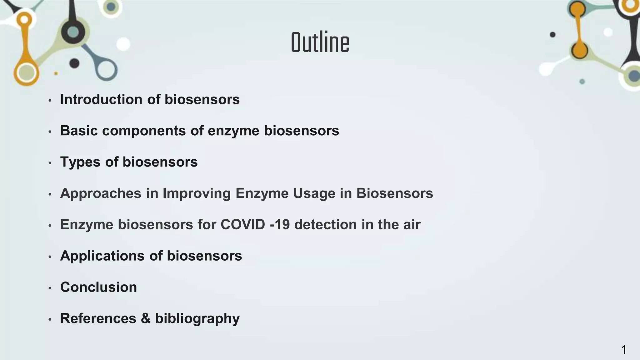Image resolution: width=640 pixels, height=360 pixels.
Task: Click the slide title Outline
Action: pos(320,43)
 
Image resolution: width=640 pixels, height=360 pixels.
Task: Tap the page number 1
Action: pos(623,350)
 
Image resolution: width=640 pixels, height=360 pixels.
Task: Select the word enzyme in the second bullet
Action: pos(233,131)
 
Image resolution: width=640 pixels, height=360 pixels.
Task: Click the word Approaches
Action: pos(101,193)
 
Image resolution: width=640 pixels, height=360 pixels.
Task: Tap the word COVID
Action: pos(242,224)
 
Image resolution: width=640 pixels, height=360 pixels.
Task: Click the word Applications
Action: pos(102,256)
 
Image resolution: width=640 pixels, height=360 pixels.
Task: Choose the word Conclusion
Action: pos(98,287)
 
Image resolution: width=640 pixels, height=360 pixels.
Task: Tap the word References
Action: pos(98,318)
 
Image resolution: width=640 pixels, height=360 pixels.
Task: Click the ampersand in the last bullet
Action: pos(145,318)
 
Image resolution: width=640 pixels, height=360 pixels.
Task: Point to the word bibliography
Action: pos(197,318)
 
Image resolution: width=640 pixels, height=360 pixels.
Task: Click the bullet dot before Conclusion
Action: pos(50,288)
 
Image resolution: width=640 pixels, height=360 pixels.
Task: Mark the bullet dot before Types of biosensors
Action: pos(50,163)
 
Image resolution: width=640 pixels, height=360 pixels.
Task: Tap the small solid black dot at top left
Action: pos(74,63)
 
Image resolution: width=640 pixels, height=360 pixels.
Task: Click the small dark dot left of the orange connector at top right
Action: pos(552,35)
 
